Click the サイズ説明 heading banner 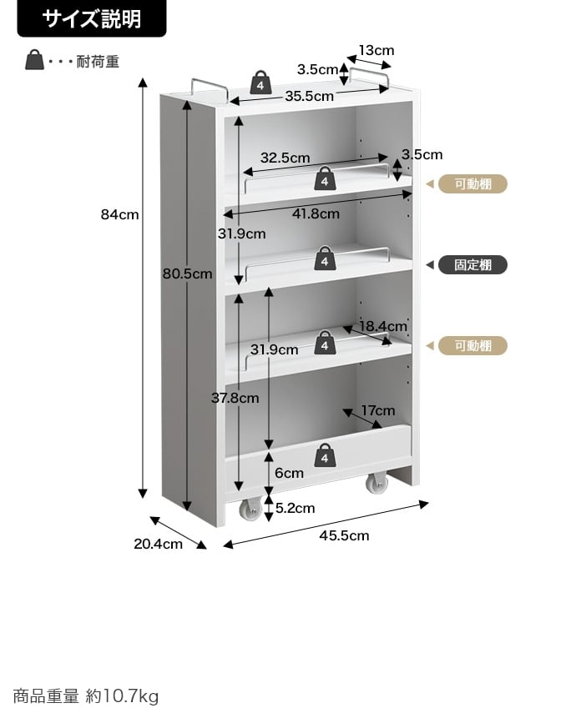click(x=92, y=18)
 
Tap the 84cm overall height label click(x=120, y=214)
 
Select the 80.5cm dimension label click(x=188, y=274)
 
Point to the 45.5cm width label click(x=344, y=535)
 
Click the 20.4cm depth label click(x=159, y=544)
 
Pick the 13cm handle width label click(x=376, y=50)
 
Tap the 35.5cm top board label click(x=309, y=96)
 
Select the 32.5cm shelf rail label click(x=285, y=158)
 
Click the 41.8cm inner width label click(x=316, y=213)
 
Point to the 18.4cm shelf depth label click(x=383, y=326)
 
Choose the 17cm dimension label click(x=378, y=410)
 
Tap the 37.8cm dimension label click(x=235, y=398)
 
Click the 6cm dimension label click(x=290, y=473)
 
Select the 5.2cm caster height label click(x=295, y=508)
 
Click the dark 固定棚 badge click(x=473, y=264)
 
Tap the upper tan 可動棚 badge click(x=473, y=184)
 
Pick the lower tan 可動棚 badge click(x=473, y=346)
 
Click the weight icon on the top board click(x=260, y=83)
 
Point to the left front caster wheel click(x=250, y=510)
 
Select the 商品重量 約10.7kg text click(x=86, y=695)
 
